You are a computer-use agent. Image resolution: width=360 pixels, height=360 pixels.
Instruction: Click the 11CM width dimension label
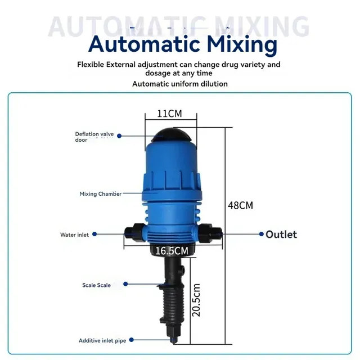[169, 114]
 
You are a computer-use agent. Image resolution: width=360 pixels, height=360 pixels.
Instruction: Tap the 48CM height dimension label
[240, 205]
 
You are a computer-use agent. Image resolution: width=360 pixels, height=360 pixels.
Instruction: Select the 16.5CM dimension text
[172, 251]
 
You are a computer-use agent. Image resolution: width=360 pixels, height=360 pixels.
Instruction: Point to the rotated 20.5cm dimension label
[196, 300]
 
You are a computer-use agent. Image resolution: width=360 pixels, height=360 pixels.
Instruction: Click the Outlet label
[281, 235]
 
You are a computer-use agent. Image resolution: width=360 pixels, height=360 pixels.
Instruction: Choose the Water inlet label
[74, 235]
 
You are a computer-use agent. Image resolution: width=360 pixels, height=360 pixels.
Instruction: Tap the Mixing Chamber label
[101, 193]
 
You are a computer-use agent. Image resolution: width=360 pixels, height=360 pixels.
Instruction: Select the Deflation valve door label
[94, 137]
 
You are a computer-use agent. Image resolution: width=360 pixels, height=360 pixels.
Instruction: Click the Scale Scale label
[96, 285]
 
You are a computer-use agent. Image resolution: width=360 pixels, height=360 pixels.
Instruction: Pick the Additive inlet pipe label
[102, 340]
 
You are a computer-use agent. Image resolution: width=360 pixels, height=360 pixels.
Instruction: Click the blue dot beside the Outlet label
[261, 234]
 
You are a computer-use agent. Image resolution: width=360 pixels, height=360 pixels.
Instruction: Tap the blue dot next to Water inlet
[94, 234]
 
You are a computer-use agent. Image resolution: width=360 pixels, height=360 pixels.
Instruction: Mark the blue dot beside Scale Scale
[125, 284]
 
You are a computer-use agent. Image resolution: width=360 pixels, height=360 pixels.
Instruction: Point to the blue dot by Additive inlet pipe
[131, 340]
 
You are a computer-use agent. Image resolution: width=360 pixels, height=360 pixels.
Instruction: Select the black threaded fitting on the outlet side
[210, 233]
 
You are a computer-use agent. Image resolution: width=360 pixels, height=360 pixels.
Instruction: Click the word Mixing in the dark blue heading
[242, 44]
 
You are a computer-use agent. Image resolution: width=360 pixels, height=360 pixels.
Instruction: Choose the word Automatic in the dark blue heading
[144, 44]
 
